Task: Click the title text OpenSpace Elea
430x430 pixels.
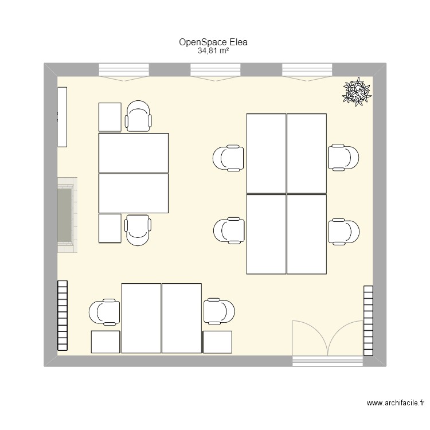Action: [214, 42]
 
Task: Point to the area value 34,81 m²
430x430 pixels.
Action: [214, 51]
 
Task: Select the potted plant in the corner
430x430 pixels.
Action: [357, 91]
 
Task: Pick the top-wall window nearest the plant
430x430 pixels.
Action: [307, 70]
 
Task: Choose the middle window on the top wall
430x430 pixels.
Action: [215, 70]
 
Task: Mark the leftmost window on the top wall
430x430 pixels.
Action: [124, 70]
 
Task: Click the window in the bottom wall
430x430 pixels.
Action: [327, 361]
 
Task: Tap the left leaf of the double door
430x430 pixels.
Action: [310, 338]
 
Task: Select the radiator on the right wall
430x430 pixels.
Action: [368, 318]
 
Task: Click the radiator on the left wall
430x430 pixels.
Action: [62, 315]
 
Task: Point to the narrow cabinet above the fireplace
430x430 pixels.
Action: [62, 116]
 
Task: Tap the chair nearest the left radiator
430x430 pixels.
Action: [105, 312]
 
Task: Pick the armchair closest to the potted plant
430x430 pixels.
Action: [343, 158]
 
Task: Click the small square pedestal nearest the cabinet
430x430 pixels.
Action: [110, 117]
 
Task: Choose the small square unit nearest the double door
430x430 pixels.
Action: [217, 342]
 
